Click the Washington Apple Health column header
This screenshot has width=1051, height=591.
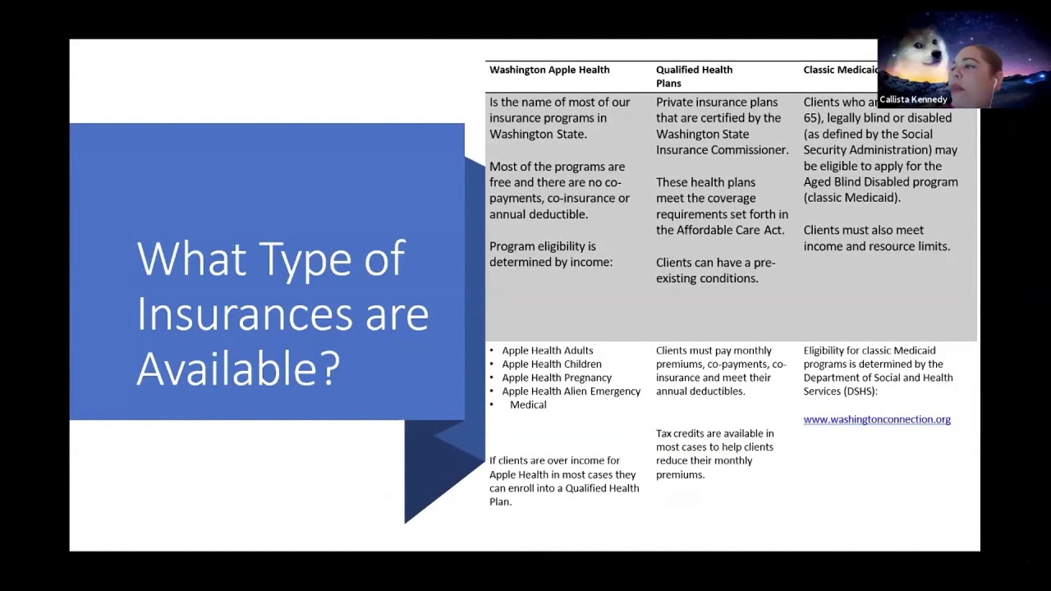pyautogui.click(x=549, y=70)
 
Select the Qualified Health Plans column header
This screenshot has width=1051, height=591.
pyautogui.click(x=694, y=76)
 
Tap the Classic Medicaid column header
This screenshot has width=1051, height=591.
pyautogui.click(x=840, y=70)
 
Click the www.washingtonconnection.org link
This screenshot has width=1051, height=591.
pyautogui.click(x=877, y=419)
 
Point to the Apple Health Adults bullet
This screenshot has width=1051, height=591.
pyautogui.click(x=547, y=350)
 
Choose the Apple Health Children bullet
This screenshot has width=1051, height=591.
pyautogui.click(x=551, y=364)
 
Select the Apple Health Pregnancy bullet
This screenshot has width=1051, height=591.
pyautogui.click(x=557, y=378)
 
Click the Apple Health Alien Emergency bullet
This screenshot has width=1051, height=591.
pyautogui.click(x=571, y=392)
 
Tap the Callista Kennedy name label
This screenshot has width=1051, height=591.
pyautogui.click(x=913, y=99)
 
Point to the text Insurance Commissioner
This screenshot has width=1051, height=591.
pyautogui.click(x=722, y=150)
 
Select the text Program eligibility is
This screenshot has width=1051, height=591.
pyautogui.click(x=543, y=246)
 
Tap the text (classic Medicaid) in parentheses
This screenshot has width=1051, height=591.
pyautogui.click(x=851, y=198)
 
